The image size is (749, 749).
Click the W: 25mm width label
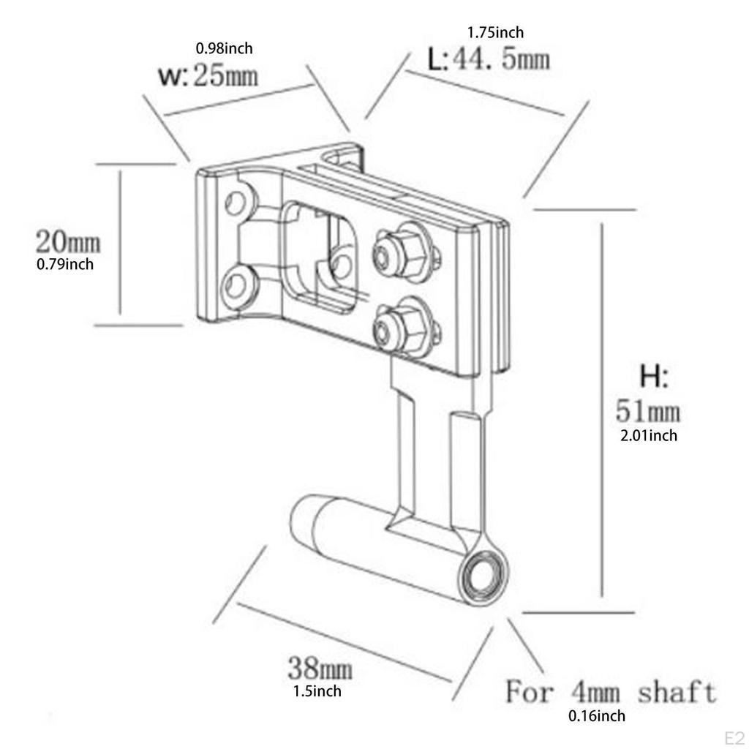click(208, 75)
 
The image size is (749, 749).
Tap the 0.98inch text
click(224, 49)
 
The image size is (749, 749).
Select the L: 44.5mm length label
click(488, 59)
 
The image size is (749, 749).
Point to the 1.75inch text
click(495, 32)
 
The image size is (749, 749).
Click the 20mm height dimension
click(68, 241)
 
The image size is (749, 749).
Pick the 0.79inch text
click(65, 264)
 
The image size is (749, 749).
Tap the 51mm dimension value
click(647, 411)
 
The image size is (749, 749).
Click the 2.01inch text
click(648, 436)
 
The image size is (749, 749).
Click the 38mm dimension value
click(320, 668)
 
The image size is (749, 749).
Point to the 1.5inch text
click(317, 690)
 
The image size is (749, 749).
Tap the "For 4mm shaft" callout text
click(611, 690)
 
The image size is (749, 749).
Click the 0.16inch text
click(597, 716)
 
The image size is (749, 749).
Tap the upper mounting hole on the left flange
click(235, 201)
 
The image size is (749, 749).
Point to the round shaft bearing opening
click(482, 575)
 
